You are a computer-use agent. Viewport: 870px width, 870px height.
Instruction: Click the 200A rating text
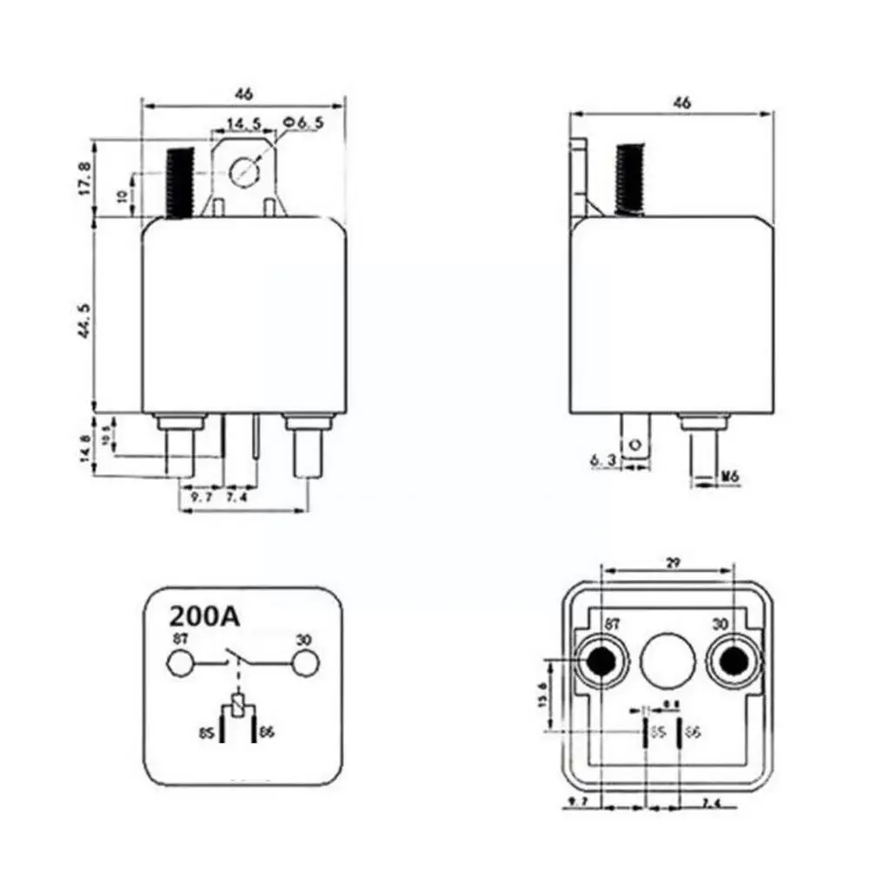(x=203, y=617)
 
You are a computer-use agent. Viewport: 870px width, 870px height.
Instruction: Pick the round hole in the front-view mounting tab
(x=247, y=169)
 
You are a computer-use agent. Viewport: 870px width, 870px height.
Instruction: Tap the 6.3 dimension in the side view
(x=606, y=461)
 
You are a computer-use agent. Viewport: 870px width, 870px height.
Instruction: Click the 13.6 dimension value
(x=544, y=694)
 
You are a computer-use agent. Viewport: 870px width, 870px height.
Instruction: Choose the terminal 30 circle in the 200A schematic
(x=303, y=665)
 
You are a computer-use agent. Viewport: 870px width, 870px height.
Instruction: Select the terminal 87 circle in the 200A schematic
(x=180, y=665)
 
